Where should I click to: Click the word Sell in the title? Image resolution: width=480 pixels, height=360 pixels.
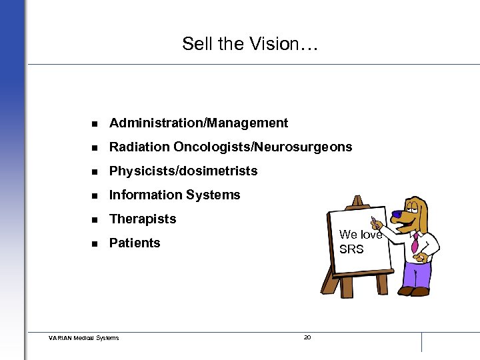coord(197,44)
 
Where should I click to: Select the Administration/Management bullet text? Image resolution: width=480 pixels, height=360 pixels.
coord(199,123)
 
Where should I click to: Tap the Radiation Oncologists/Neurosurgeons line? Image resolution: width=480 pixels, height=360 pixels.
coord(231,147)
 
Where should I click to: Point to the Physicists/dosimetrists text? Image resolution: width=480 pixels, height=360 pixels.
coord(183,171)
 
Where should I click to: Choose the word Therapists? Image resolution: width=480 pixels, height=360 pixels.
coord(143,219)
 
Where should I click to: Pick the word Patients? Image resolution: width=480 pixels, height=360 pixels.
coord(135,243)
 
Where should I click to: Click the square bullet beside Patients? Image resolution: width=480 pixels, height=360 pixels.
coord(95,243)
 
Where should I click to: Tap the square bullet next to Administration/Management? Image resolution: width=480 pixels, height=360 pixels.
coord(95,123)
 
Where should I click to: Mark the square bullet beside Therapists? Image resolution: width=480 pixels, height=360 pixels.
coord(95,219)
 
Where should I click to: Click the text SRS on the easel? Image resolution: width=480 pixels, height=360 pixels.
coord(351,249)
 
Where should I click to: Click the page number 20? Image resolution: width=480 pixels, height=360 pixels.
coord(307,337)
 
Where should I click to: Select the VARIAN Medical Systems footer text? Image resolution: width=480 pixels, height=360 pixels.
coord(84,338)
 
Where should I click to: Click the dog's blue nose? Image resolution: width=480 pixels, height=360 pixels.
coord(396,215)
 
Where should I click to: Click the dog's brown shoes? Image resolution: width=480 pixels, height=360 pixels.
coord(414,291)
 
